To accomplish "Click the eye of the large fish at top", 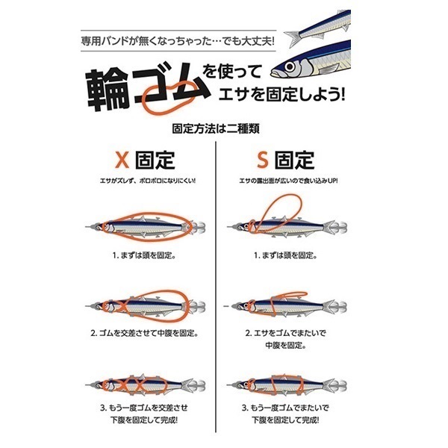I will point(287,69).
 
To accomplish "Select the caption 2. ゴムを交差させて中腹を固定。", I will point(143,333).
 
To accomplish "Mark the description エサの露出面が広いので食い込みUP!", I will point(290,180).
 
